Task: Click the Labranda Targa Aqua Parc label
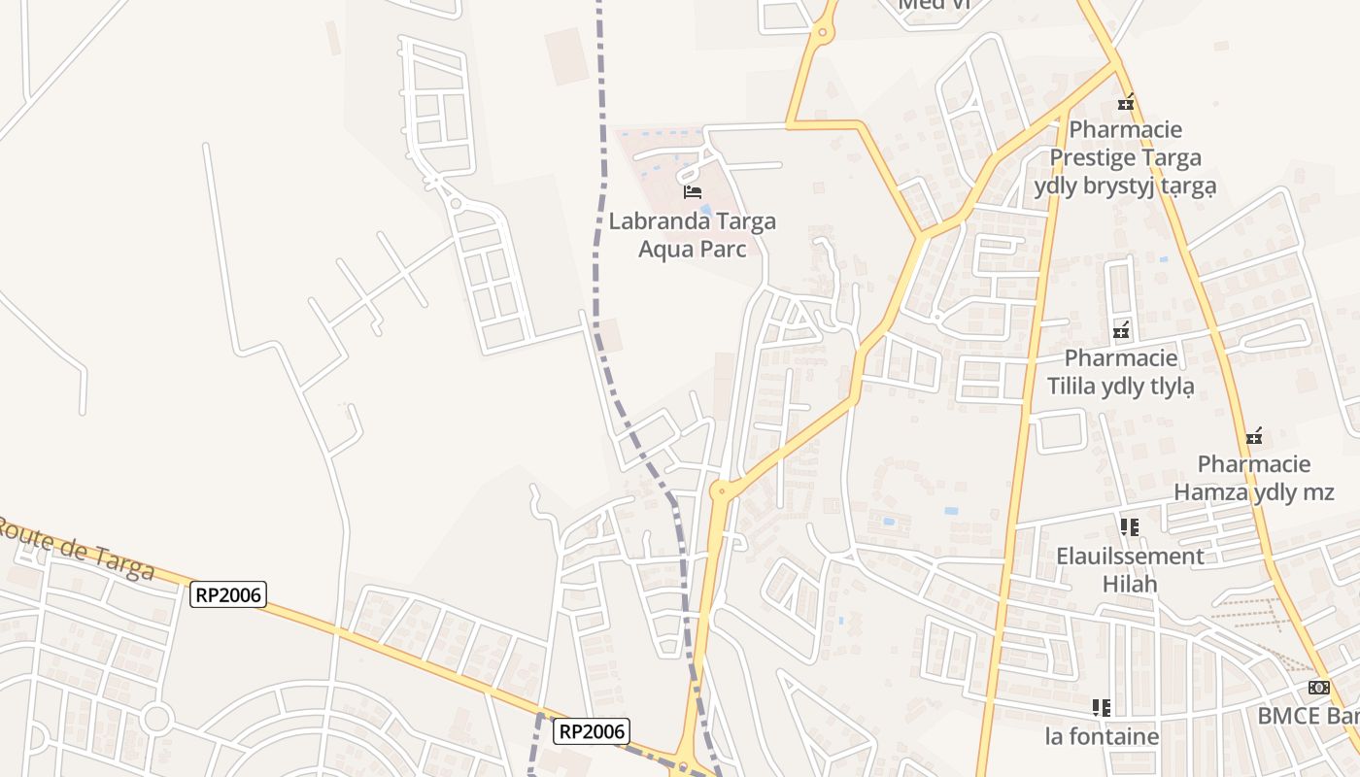pyautogui.click(x=692, y=234)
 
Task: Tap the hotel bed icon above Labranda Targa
pyautogui.click(x=693, y=191)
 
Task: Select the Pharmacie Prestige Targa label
pyautogui.click(x=1125, y=157)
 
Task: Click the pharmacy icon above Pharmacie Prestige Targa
pyautogui.click(x=1126, y=101)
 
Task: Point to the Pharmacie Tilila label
pyautogui.click(x=1121, y=372)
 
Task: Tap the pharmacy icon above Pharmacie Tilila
pyautogui.click(x=1122, y=330)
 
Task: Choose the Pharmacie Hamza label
pyautogui.click(x=1254, y=478)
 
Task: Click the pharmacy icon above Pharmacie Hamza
pyautogui.click(x=1254, y=435)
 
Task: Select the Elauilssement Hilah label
pyautogui.click(x=1130, y=570)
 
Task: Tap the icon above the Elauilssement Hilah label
pyautogui.click(x=1129, y=527)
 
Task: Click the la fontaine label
pyautogui.click(x=1102, y=736)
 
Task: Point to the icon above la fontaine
pyautogui.click(x=1102, y=707)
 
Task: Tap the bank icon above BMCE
pyautogui.click(x=1318, y=688)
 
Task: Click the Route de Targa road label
pyautogui.click(x=76, y=548)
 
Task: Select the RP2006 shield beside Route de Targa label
pyautogui.click(x=228, y=594)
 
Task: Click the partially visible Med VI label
pyautogui.click(x=934, y=5)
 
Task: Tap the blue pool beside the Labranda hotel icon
pyautogui.click(x=706, y=209)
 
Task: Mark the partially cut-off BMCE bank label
pyautogui.click(x=1308, y=716)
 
